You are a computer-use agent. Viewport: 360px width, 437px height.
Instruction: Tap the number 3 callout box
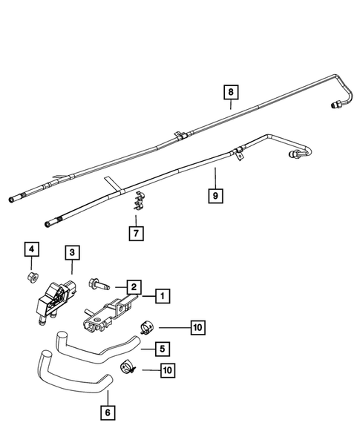point(71,254)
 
